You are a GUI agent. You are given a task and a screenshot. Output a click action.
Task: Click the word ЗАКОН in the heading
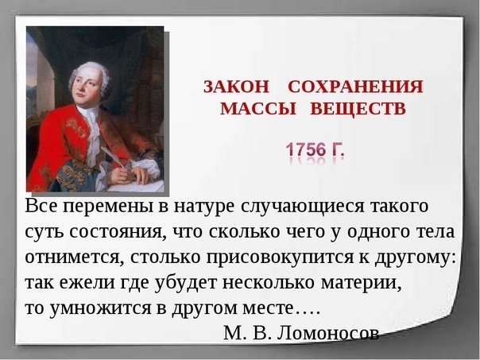click(236, 87)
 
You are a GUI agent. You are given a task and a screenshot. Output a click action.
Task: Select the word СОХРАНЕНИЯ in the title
click(355, 87)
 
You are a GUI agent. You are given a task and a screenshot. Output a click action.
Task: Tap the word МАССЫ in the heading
click(258, 109)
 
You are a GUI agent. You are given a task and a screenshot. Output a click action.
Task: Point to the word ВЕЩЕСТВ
click(358, 109)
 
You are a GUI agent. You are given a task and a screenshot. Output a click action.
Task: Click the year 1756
click(305, 150)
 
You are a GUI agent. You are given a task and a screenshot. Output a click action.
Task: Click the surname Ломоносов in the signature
click(328, 333)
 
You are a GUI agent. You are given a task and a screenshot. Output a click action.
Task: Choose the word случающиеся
click(303, 207)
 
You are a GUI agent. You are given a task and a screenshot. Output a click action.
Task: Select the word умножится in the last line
click(100, 308)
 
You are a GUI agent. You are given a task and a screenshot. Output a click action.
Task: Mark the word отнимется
click(75, 257)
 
